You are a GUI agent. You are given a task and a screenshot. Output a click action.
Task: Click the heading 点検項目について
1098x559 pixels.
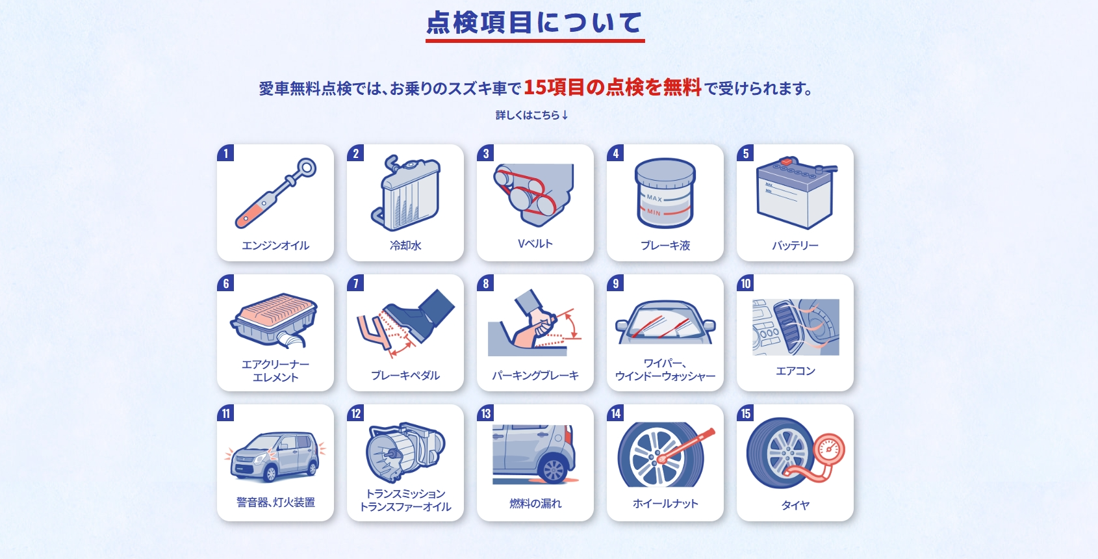pos(534,23)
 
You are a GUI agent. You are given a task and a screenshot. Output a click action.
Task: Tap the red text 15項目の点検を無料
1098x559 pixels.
pos(612,88)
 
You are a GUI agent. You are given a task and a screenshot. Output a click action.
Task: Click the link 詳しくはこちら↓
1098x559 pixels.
pos(532,115)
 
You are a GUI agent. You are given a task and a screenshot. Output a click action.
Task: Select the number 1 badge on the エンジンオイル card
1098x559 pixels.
pos(225,153)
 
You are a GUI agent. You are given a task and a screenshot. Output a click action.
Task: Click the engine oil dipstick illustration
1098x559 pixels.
pos(275,192)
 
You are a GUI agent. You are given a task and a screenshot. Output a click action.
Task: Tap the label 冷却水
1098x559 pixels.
pos(405,245)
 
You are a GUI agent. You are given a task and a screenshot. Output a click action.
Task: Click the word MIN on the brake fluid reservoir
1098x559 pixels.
pos(654,213)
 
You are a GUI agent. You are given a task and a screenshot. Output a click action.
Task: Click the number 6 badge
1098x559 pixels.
pos(225,283)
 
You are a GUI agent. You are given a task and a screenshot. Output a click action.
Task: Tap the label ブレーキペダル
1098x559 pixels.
pos(405,376)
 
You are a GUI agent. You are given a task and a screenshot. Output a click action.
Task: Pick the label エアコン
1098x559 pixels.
pos(795,371)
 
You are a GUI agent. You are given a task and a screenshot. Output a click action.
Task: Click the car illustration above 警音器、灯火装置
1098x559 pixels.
pos(275,456)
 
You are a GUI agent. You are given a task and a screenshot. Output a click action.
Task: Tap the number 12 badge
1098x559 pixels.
pos(355,413)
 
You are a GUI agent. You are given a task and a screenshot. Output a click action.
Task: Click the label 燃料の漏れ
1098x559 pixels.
pos(535,504)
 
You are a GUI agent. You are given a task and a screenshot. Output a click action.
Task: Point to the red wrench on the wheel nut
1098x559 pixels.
pos(686,445)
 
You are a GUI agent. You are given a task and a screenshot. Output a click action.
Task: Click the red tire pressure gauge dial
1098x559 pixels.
pos(830,449)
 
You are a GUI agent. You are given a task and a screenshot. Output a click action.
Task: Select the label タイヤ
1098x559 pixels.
pos(795,505)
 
